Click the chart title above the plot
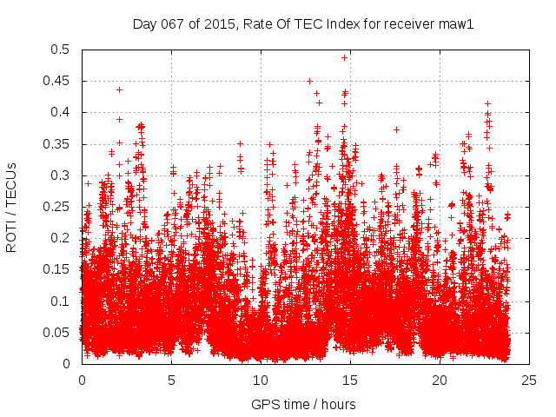pyautogui.click(x=302, y=23)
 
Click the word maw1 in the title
pyautogui.click(x=457, y=23)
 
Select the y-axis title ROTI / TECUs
pyautogui.click(x=12, y=207)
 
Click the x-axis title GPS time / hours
pyautogui.click(x=302, y=404)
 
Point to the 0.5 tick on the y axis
pyautogui.click(x=63, y=50)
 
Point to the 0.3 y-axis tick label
pyautogui.click(x=63, y=175)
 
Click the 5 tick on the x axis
pyautogui.click(x=171, y=381)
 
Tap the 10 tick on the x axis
pyautogui.click(x=261, y=381)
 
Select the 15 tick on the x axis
pyautogui.click(x=350, y=381)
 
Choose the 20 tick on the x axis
pyautogui.click(x=440, y=381)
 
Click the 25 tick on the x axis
pyautogui.click(x=529, y=381)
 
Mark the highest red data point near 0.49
pyautogui.click(x=344, y=57)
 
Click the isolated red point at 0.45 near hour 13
pyautogui.click(x=310, y=81)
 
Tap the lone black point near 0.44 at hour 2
pyautogui.click(x=119, y=89)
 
